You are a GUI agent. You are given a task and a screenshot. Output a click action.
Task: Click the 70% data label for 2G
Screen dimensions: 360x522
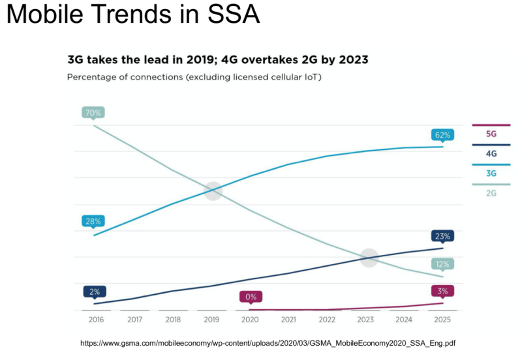(x=93, y=113)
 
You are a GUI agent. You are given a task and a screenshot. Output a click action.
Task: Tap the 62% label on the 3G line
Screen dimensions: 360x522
(x=442, y=136)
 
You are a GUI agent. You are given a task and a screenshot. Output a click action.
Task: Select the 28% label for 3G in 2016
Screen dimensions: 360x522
(x=93, y=222)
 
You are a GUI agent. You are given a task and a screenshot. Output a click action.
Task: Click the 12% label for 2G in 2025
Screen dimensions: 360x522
(x=442, y=264)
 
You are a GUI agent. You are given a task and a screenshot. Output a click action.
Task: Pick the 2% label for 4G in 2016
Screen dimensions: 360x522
(x=95, y=292)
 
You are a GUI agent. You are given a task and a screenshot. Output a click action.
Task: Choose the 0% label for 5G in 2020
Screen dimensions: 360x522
(x=251, y=297)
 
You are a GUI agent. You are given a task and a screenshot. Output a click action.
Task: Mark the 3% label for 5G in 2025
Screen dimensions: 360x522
(x=442, y=291)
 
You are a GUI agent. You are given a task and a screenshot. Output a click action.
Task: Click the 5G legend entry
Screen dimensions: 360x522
(x=491, y=134)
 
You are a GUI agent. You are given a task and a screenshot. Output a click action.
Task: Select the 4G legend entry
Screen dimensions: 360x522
(x=491, y=154)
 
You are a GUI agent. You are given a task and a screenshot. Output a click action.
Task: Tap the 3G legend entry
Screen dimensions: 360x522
(x=491, y=173)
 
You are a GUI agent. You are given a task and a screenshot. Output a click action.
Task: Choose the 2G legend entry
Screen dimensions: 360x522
(x=491, y=193)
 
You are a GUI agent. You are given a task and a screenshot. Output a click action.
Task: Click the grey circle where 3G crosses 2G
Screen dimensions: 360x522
(x=213, y=190)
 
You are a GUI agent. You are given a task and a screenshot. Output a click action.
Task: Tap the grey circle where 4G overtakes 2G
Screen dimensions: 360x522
(x=369, y=257)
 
